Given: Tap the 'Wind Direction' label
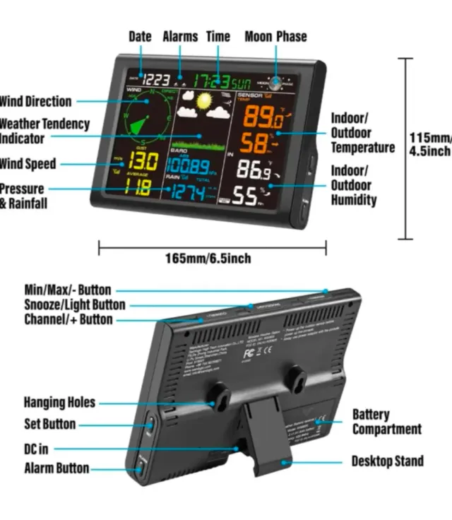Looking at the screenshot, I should pos(35,101).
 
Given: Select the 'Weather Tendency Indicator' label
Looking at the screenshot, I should pos(44,131).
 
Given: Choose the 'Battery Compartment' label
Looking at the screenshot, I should pos(386,422).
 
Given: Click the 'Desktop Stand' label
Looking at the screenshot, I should pos(388,461).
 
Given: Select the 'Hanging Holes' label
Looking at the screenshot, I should pos(59,403).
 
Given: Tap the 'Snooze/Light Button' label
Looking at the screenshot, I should pos(74,305).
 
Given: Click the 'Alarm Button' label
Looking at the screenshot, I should pos(56,468).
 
